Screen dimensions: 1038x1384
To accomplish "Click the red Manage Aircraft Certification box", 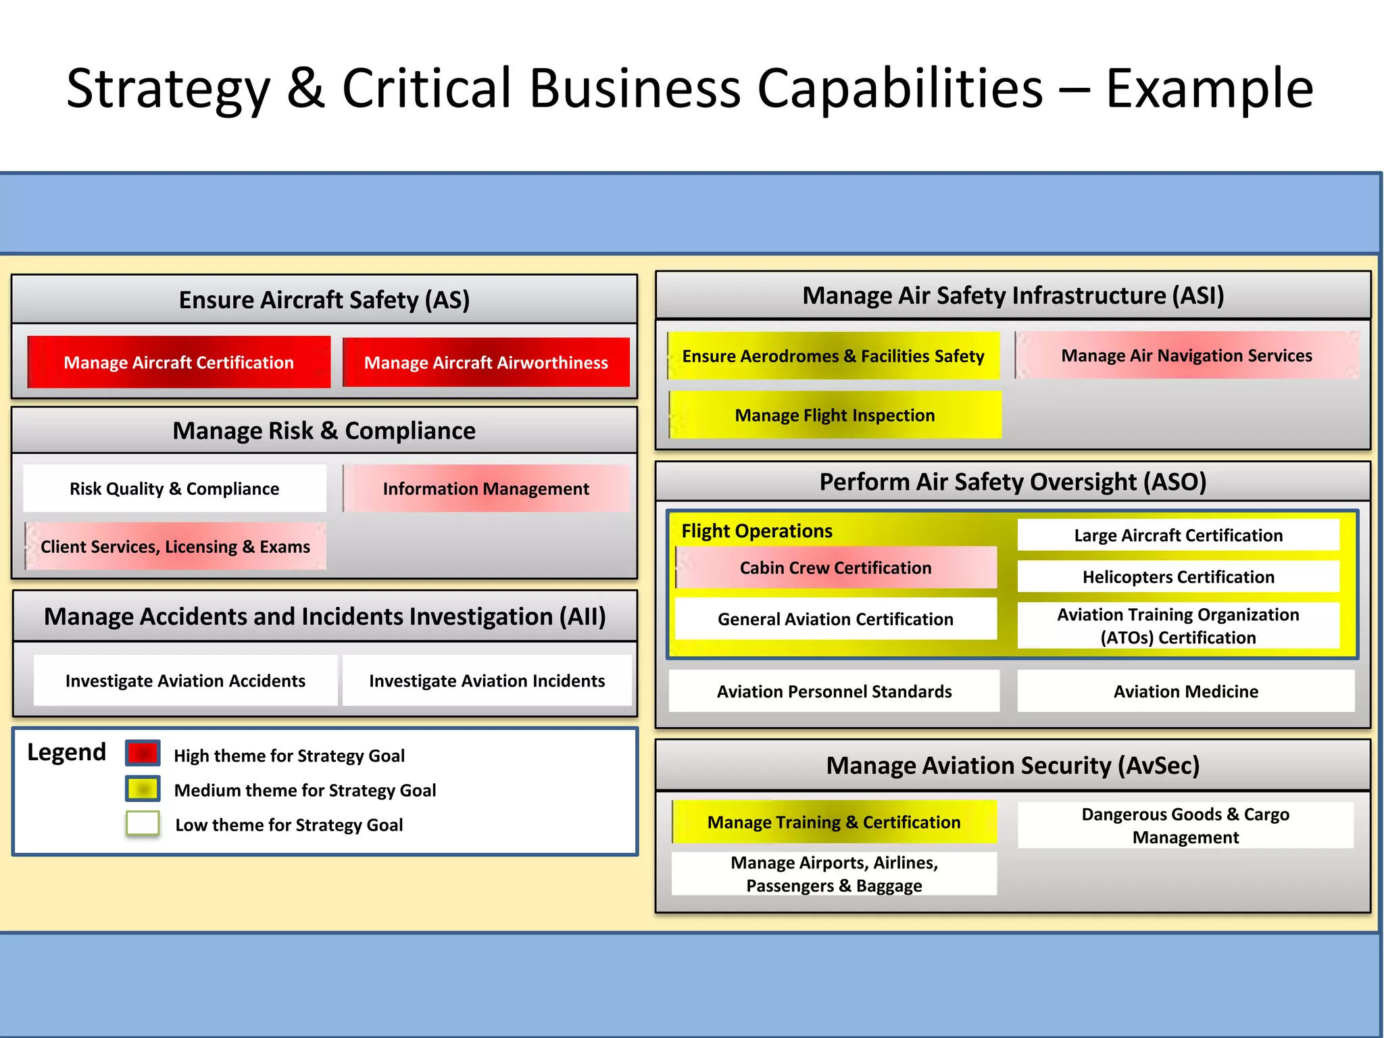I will (x=179, y=362).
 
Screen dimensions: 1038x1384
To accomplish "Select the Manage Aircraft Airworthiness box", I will (x=486, y=362).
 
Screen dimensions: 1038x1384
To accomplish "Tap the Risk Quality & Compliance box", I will (x=174, y=488).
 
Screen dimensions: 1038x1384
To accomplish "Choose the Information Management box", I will (x=486, y=488).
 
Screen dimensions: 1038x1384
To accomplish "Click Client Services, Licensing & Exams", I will (x=175, y=546).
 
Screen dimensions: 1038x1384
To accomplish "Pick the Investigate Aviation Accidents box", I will (x=185, y=681).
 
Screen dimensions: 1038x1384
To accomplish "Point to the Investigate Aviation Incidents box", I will (x=487, y=681).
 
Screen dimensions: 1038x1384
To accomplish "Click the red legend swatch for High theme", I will (x=143, y=753).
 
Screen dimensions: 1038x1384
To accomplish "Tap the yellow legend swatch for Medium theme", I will (x=143, y=789).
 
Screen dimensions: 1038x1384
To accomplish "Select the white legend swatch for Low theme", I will (x=143, y=824).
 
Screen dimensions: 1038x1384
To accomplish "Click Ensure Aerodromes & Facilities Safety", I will (x=833, y=355).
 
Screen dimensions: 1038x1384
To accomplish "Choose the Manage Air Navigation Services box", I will (x=1187, y=355).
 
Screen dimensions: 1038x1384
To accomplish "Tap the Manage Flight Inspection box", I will (x=835, y=415).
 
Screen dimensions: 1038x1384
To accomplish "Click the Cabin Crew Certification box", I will (x=835, y=568).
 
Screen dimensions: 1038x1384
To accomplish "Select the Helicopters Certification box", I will (x=1178, y=576).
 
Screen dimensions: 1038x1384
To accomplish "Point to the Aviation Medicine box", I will (x=1186, y=691).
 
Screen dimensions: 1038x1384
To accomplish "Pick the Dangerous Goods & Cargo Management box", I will (x=1185, y=825).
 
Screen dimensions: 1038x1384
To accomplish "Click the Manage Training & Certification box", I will (x=834, y=822).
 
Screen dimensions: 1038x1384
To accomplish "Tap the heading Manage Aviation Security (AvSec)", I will (x=1012, y=765).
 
